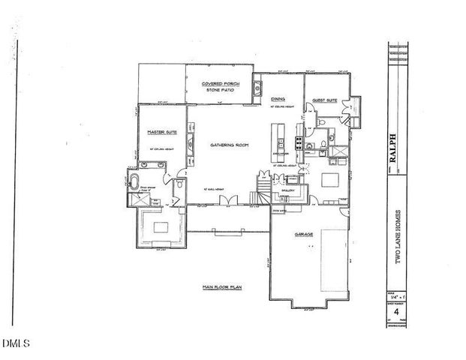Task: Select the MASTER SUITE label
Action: point(161,131)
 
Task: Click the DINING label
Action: point(278,99)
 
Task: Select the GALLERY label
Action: point(286,191)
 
